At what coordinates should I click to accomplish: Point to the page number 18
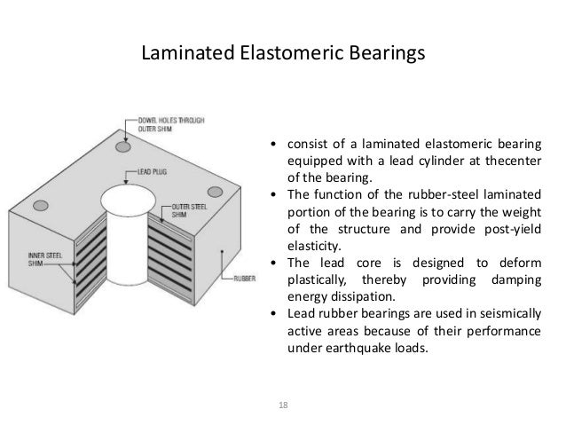point(283,405)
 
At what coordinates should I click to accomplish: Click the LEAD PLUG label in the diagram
point(151,168)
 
